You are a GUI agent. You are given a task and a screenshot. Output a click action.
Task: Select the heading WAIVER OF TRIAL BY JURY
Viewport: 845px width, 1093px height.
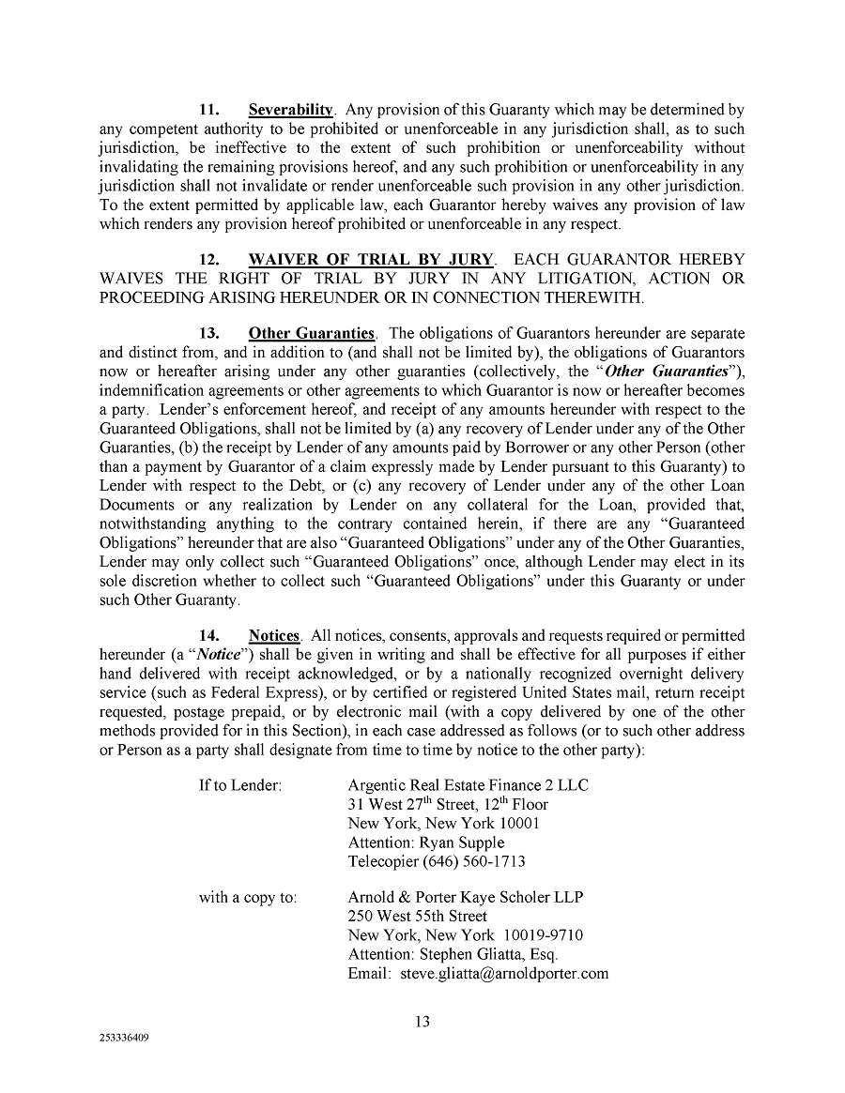click(x=371, y=259)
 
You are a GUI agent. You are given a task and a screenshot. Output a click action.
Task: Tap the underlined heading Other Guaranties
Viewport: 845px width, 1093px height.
click(x=312, y=333)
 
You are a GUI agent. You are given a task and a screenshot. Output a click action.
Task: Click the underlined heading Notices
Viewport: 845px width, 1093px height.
click(x=273, y=636)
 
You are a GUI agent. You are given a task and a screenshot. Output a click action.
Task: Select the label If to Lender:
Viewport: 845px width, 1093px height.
click(x=240, y=785)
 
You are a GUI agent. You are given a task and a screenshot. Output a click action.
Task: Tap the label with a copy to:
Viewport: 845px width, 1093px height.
click(x=248, y=898)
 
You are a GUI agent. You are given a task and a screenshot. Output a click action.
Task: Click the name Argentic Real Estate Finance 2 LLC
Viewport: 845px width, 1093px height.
click(x=468, y=785)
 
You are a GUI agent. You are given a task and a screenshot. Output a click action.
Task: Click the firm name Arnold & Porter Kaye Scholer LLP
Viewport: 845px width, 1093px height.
click(x=465, y=898)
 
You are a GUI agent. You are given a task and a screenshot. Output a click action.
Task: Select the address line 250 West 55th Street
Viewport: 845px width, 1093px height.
click(x=417, y=917)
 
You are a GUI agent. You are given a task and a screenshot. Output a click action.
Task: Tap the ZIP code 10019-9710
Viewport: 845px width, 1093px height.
click(x=545, y=935)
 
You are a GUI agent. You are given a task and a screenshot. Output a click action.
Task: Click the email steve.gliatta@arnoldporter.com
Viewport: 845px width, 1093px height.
click(x=504, y=973)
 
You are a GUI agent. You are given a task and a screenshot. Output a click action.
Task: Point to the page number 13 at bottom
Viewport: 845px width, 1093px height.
click(x=422, y=1022)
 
